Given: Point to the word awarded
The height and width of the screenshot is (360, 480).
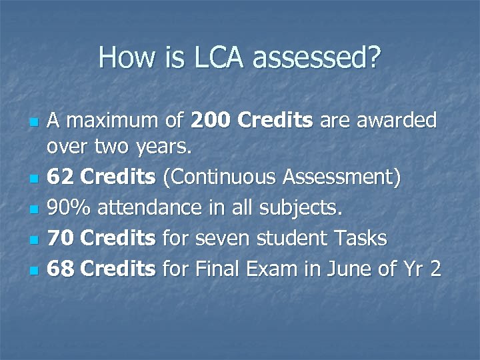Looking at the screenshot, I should pyautogui.click(x=399, y=121).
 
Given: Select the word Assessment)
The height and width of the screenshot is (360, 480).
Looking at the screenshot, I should pyautogui.click(x=342, y=178).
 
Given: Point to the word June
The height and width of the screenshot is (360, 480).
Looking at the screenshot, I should pyautogui.click(x=346, y=269).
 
